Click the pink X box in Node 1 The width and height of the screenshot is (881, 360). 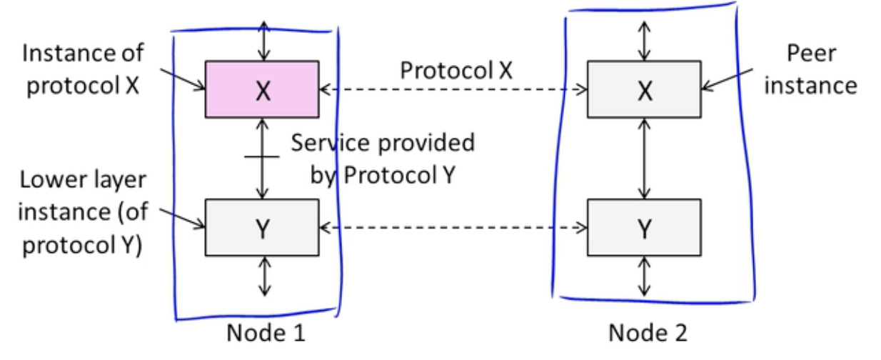click(x=262, y=89)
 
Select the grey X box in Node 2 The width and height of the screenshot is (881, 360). click(x=644, y=89)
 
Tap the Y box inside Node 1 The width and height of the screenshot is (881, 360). click(x=262, y=227)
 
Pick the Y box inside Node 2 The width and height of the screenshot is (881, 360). click(x=644, y=227)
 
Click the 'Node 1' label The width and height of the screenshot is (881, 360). click(x=266, y=333)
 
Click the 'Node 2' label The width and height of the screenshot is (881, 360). click(x=648, y=333)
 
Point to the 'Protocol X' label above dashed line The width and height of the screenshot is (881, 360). click(x=456, y=71)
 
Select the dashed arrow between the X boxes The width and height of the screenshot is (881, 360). click(x=453, y=90)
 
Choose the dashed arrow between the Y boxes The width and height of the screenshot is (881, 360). click(x=453, y=227)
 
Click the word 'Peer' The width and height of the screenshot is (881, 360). click(x=811, y=53)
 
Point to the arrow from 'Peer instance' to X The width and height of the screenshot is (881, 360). click(x=728, y=79)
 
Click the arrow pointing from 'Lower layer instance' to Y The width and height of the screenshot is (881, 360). click(x=183, y=218)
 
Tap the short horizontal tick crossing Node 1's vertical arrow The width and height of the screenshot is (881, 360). click(x=262, y=156)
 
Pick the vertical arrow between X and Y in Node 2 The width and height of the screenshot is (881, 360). click(x=644, y=159)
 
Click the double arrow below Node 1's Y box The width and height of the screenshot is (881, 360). click(x=265, y=276)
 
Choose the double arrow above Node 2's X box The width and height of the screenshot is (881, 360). click(x=644, y=41)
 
